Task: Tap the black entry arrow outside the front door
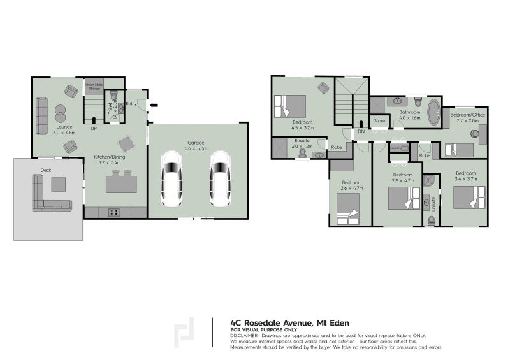(154, 105)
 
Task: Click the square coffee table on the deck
(59, 184)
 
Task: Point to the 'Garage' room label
(196, 142)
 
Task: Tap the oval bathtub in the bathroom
(433, 111)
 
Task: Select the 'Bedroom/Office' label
(468, 115)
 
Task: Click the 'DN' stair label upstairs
(361, 131)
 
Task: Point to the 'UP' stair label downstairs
(94, 127)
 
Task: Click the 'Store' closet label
(379, 120)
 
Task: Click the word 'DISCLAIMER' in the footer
(245, 335)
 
